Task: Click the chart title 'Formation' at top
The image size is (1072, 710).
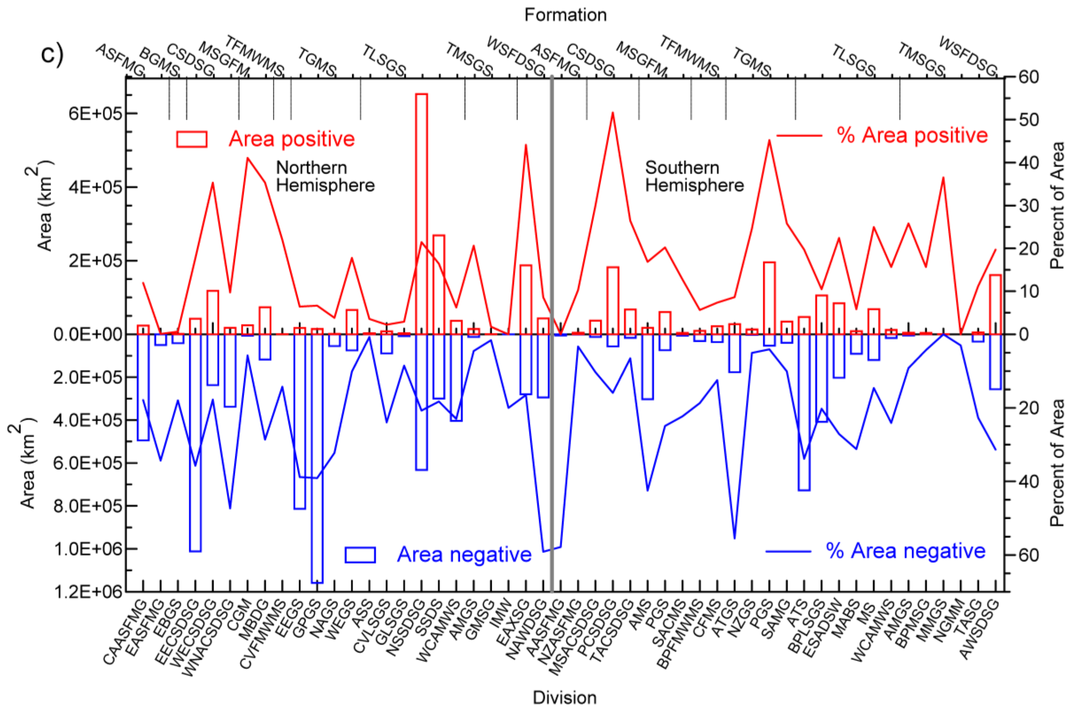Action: click(565, 15)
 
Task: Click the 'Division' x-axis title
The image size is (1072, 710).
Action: click(564, 697)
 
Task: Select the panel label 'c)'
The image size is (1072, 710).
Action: click(52, 54)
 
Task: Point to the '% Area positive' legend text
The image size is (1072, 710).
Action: click(912, 135)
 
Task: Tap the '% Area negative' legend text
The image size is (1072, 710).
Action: click(906, 551)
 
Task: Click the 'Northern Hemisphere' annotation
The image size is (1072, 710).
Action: click(324, 176)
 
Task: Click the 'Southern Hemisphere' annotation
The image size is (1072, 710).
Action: click(694, 176)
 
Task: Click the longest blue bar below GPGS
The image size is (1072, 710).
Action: click(317, 457)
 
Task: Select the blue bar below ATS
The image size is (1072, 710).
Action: click(804, 412)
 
